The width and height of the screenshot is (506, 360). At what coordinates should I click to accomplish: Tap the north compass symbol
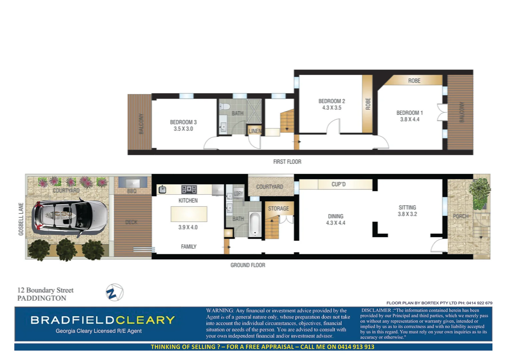pyautogui.click(x=114, y=293)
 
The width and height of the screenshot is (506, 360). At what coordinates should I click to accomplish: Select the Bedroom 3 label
pyautogui.click(x=183, y=122)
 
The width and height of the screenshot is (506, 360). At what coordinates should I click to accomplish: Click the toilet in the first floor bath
pyautogui.click(x=224, y=107)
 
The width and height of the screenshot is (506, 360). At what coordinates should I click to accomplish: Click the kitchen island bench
pyautogui.click(x=189, y=214)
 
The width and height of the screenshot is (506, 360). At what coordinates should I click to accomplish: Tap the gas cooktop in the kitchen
pyautogui.click(x=189, y=190)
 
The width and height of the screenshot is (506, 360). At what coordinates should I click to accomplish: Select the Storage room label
pyautogui.click(x=278, y=209)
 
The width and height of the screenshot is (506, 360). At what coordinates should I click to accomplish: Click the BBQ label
pyautogui.click(x=132, y=192)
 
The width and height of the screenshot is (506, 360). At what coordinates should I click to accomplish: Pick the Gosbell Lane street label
pyautogui.click(x=21, y=219)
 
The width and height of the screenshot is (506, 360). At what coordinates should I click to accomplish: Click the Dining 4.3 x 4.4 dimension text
pyautogui.click(x=336, y=223)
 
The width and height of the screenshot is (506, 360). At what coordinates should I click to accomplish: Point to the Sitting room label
pyautogui.click(x=407, y=207)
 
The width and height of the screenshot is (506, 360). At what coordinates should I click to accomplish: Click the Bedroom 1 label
pyautogui.click(x=409, y=113)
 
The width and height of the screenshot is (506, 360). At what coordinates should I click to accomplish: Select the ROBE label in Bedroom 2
pyautogui.click(x=368, y=104)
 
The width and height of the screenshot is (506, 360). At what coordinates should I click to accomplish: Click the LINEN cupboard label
pyautogui.click(x=255, y=131)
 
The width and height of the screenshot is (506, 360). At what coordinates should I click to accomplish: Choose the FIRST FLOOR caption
pyautogui.click(x=287, y=162)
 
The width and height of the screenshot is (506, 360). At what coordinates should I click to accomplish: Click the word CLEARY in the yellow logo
pyautogui.click(x=145, y=320)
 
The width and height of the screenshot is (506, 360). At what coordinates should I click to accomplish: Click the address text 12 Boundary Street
pyautogui.click(x=45, y=290)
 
